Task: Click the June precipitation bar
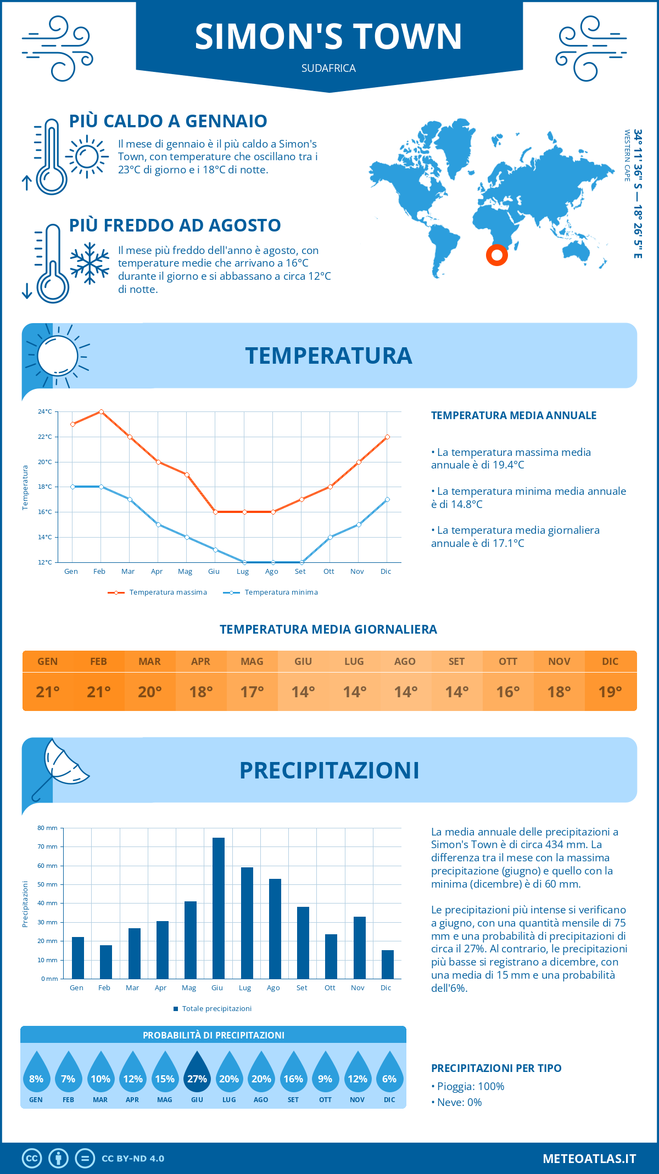pyautogui.click(x=219, y=908)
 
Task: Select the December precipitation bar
pyautogui.click(x=388, y=964)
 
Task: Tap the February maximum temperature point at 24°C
pyautogui.click(x=101, y=411)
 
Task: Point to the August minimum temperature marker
pyautogui.click(x=273, y=562)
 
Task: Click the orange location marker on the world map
pyautogui.click(x=497, y=255)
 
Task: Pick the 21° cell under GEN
pyautogui.click(x=48, y=692)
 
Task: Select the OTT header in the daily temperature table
pyautogui.click(x=508, y=662)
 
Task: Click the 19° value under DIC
pyautogui.click(x=610, y=692)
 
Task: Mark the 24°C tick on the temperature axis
pyautogui.click(x=45, y=411)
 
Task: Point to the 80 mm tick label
pyautogui.click(x=48, y=828)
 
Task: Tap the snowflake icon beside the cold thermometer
pyautogui.click(x=90, y=263)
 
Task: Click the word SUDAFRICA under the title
pyautogui.click(x=328, y=68)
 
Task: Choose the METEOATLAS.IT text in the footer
pyautogui.click(x=589, y=1159)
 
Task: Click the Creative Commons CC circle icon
pyautogui.click(x=32, y=1159)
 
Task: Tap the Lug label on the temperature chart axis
pyautogui.click(x=243, y=572)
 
